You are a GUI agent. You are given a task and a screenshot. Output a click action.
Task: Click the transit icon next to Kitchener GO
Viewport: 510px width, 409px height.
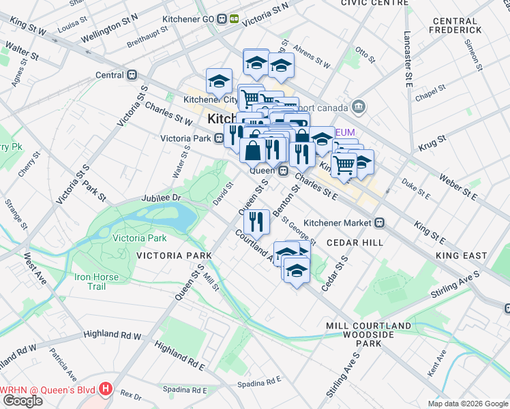pos(227,19)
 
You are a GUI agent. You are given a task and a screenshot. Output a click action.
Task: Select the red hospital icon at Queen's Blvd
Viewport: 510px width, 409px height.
pos(105,389)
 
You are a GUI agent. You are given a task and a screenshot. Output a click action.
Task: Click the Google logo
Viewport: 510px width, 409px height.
pos(22,401)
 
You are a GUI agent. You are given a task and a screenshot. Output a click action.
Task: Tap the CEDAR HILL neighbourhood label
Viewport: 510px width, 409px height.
pos(354,242)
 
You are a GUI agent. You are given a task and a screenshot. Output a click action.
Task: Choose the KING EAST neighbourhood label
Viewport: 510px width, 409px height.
pos(461,256)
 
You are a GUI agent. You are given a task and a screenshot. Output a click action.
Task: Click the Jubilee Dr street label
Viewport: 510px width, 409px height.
pos(161,198)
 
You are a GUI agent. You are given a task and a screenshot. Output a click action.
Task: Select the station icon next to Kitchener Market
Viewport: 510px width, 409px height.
pos(380,222)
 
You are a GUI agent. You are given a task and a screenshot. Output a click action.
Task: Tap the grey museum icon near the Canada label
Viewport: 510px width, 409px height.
pos(359,107)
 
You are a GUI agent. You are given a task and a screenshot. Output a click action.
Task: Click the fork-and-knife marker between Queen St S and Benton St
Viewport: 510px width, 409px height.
pos(256,219)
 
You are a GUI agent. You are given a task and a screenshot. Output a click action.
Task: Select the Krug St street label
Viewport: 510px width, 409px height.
pos(432,142)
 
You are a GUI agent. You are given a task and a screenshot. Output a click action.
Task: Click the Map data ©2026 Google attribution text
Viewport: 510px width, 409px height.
pos(467,404)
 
